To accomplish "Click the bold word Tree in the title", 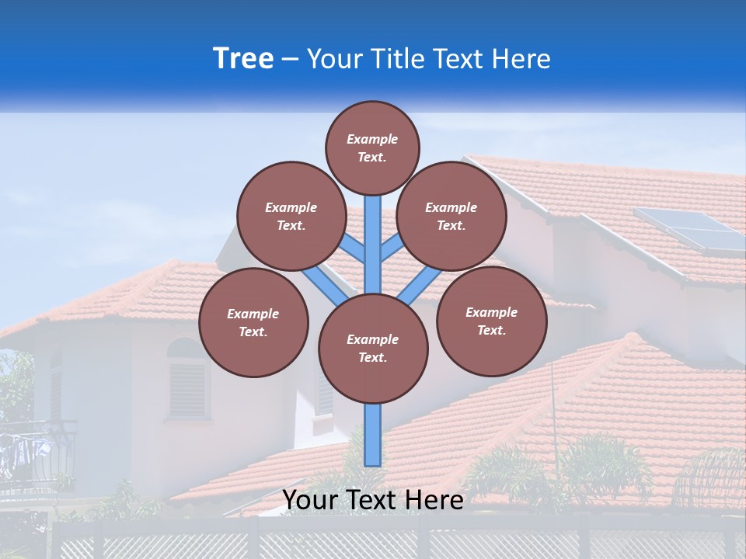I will [243, 59].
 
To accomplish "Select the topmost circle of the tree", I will [372, 148].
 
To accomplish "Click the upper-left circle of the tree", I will [291, 216].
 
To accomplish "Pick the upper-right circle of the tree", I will [451, 216].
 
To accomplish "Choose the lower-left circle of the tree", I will [253, 322].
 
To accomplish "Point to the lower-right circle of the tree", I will [491, 321].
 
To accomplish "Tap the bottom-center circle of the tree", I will [373, 348].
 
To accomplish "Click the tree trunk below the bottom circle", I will [373, 435].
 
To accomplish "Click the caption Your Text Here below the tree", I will [373, 500].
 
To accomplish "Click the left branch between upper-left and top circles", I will [354, 249].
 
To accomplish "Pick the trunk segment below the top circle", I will [373, 233].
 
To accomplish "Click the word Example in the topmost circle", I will [372, 139].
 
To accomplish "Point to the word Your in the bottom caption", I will [311, 500].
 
